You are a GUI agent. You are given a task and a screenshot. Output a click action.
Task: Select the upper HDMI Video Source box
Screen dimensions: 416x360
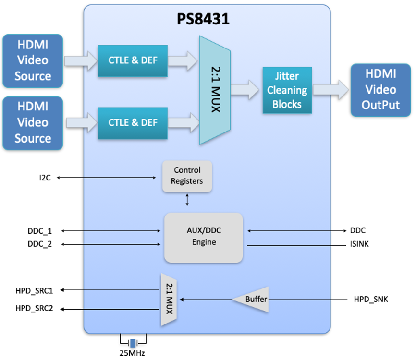(33, 60)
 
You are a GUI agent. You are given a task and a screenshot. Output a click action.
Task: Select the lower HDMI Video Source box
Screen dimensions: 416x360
(33, 123)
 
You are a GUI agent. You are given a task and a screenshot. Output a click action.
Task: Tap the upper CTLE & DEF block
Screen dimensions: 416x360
(133, 60)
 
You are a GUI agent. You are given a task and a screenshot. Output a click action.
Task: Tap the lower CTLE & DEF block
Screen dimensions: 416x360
(133, 123)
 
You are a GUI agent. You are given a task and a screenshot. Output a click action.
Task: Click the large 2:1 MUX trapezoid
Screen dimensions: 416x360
(215, 90)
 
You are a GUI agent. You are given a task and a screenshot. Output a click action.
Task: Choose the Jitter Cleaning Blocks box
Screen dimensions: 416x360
(287, 90)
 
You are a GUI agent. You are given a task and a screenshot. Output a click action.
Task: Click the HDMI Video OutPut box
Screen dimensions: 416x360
(380, 90)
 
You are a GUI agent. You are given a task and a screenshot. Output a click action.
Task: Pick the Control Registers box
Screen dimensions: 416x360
(187, 176)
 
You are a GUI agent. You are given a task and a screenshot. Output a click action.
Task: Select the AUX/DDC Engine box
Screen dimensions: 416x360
(204, 237)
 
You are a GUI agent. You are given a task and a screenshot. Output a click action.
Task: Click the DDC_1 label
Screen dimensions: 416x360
(40, 231)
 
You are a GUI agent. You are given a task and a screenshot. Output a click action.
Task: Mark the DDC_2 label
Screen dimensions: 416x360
(40, 244)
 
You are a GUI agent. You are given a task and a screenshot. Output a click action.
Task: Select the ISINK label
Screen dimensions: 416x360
(360, 244)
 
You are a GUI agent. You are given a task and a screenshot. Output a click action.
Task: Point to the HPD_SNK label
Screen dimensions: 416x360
(370, 300)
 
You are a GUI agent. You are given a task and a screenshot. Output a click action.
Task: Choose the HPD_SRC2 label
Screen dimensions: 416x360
(34, 309)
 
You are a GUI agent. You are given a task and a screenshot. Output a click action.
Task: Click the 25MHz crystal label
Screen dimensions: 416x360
(132, 353)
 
